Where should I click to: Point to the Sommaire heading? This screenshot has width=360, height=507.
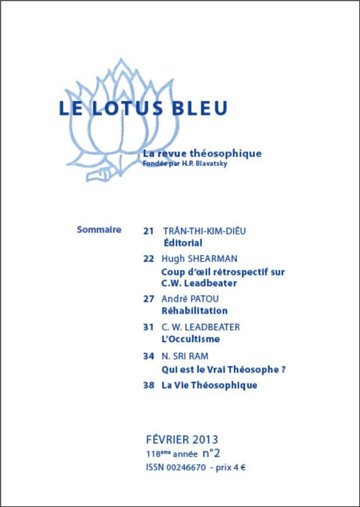[x=99, y=230]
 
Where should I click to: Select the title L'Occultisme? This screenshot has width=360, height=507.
[x=191, y=339]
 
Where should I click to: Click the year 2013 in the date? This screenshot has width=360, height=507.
[x=202, y=439]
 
